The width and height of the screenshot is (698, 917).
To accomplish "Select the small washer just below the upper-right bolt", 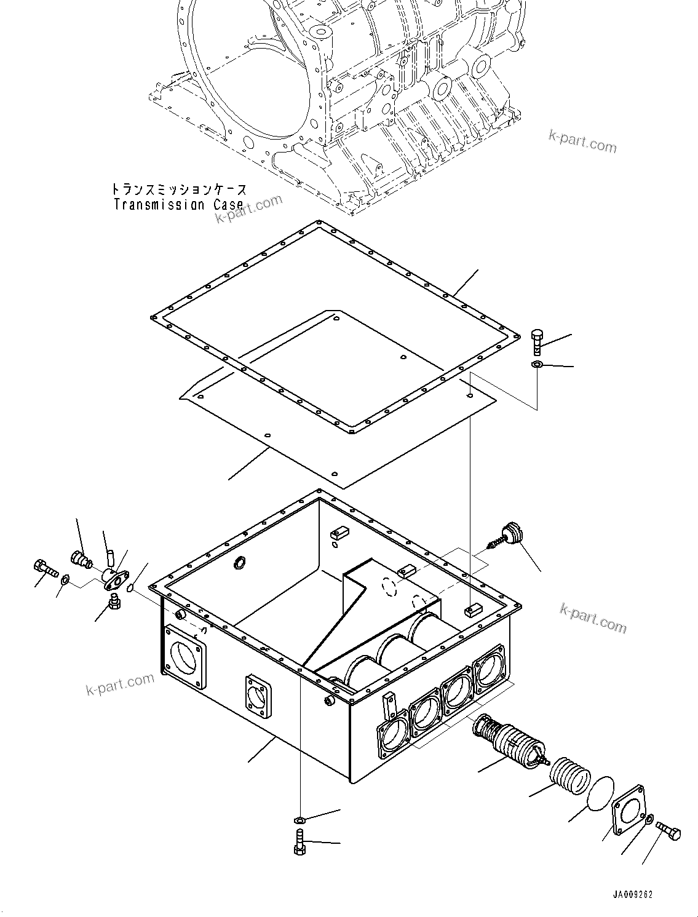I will [x=536, y=365].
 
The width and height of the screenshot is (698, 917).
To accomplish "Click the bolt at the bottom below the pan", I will [x=299, y=841].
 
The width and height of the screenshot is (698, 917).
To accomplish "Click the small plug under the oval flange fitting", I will [x=114, y=601].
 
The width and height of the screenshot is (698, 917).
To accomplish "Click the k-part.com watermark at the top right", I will [x=582, y=141].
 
